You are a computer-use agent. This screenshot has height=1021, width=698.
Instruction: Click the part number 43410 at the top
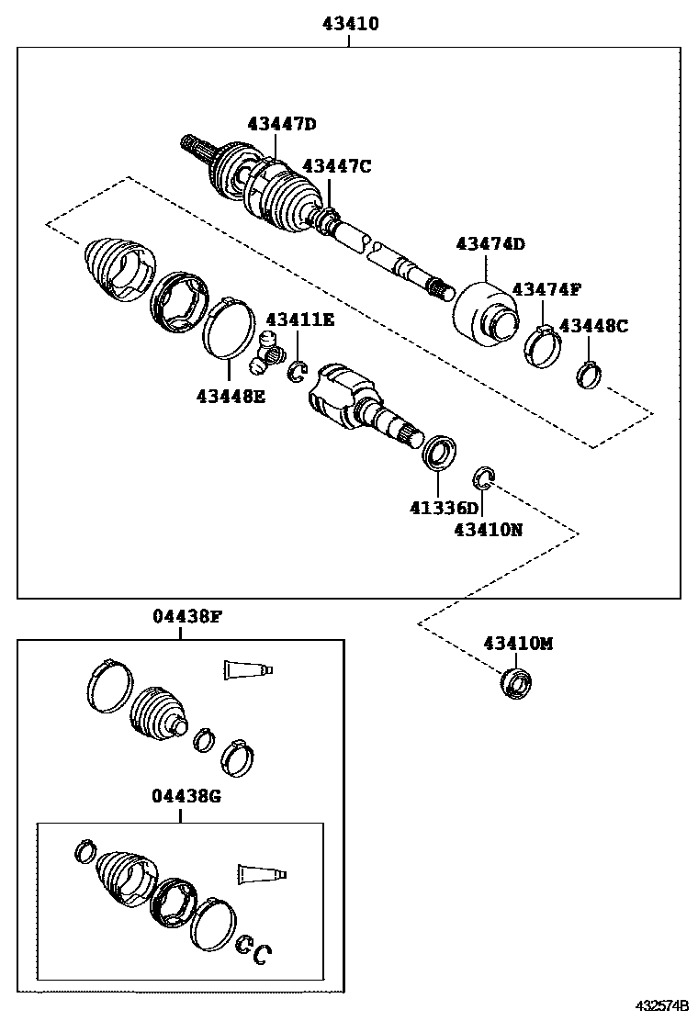[x=350, y=24]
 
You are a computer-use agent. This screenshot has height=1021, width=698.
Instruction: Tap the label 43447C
[x=337, y=165]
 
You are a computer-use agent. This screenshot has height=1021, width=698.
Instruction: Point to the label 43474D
[x=490, y=243]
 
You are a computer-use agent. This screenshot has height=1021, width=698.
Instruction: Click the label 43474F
[x=546, y=289]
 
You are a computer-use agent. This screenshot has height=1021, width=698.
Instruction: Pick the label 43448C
[x=593, y=325]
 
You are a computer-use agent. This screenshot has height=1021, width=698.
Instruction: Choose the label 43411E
[x=300, y=319]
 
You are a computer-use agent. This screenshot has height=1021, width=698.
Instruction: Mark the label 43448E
[x=230, y=396]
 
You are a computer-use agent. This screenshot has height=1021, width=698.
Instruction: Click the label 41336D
[x=445, y=508]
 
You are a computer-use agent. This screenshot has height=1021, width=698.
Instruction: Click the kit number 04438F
[x=187, y=616]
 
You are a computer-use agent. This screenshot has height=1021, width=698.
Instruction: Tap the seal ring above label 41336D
[x=438, y=452]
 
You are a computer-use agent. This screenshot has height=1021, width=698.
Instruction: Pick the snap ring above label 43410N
[x=484, y=477]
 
